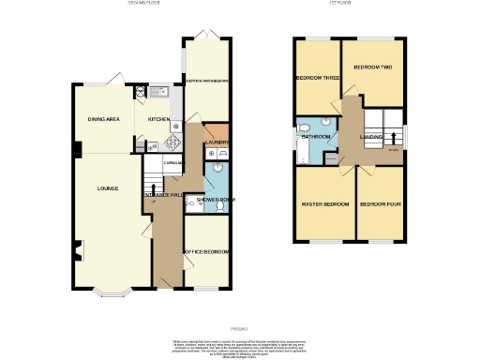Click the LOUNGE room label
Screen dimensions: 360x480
point(107,188)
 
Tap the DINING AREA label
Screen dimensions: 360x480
point(104,119)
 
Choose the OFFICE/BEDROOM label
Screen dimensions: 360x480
point(206,252)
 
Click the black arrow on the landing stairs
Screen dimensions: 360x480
point(394,148)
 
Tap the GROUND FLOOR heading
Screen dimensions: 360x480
point(146,4)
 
